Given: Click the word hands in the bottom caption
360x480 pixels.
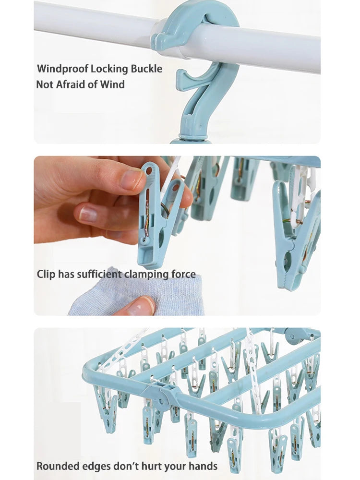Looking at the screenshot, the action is (203, 466).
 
